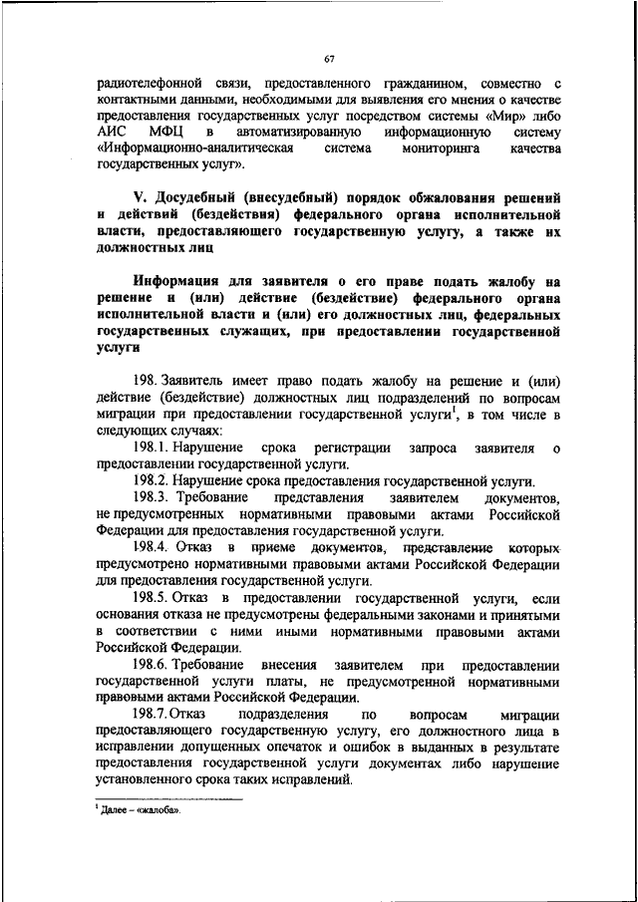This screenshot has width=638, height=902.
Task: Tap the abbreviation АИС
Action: pos(111,132)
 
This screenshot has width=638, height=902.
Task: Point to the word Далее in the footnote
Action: pos(116,809)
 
